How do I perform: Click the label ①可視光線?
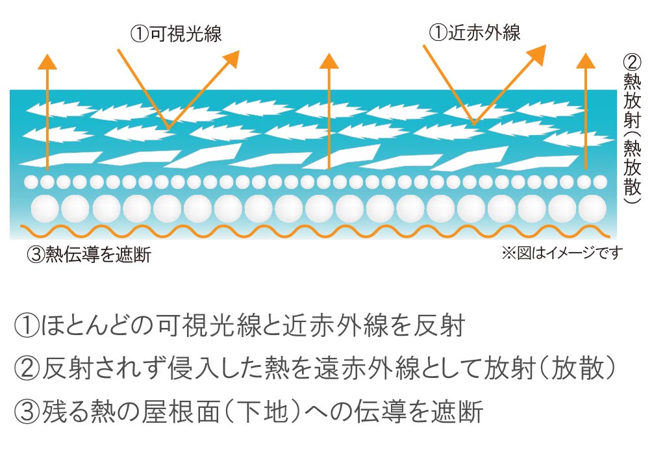pyautogui.click(x=176, y=34)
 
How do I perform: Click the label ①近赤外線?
pyautogui.click(x=476, y=32)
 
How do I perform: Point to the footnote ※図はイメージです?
pyautogui.click(x=562, y=253)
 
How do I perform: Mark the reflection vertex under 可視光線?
pyautogui.click(x=168, y=125)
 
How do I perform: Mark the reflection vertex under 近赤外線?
pyautogui.click(x=475, y=123)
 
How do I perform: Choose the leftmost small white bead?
pyautogui.click(x=31, y=181)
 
